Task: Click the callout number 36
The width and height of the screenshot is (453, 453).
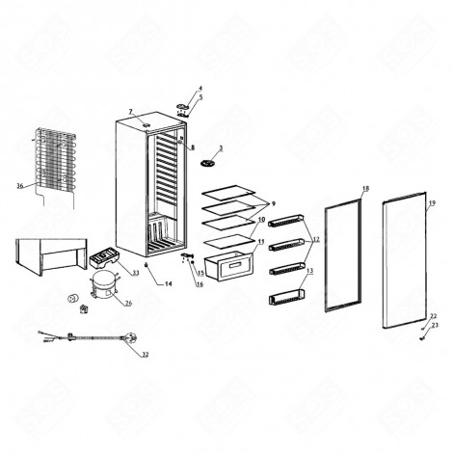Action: (x=19, y=186)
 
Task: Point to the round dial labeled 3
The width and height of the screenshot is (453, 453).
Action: (x=206, y=164)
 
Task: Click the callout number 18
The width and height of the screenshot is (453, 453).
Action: (x=365, y=188)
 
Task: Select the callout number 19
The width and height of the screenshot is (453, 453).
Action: (x=432, y=203)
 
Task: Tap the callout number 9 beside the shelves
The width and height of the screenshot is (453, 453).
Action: (x=274, y=204)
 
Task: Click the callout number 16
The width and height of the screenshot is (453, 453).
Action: (x=200, y=285)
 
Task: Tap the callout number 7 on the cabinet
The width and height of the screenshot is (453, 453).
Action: (x=131, y=113)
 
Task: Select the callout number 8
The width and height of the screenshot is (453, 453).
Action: (x=192, y=147)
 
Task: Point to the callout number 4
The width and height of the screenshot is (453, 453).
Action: (x=200, y=89)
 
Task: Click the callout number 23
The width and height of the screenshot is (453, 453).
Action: (x=434, y=326)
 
